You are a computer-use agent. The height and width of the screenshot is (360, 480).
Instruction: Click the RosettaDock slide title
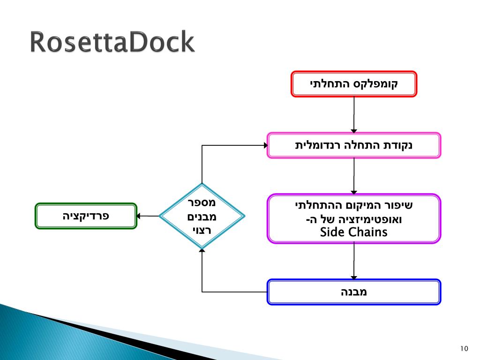(112, 43)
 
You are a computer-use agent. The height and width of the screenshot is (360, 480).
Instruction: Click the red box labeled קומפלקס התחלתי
(354, 84)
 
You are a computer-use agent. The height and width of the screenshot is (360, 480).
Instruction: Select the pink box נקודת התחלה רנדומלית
(354, 145)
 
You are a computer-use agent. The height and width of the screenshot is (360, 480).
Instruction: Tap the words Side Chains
(354, 232)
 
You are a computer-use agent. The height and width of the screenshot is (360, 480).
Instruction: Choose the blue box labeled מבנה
(354, 292)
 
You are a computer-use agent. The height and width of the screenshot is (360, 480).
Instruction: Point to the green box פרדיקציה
(86, 216)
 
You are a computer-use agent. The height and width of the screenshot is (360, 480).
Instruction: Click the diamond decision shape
(202, 216)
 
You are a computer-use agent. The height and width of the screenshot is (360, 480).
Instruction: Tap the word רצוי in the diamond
(202, 230)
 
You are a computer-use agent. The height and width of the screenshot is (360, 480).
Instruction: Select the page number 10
(464, 348)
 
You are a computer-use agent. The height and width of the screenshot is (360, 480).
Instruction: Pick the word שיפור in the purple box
(401, 205)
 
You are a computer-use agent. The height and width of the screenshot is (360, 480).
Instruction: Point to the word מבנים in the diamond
(202, 217)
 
